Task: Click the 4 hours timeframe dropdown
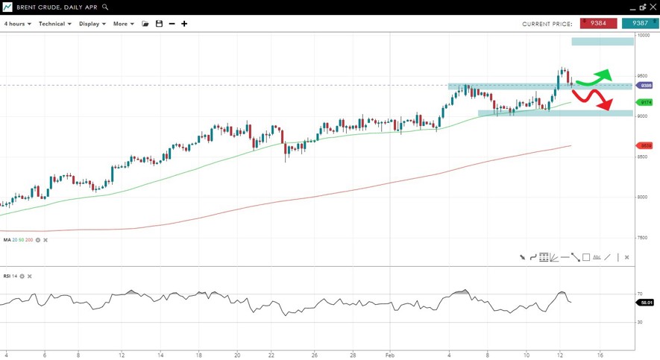click(x=17, y=24)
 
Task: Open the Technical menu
click(x=54, y=24)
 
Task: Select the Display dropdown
click(x=92, y=24)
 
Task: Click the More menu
click(x=123, y=24)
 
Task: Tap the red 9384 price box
click(x=598, y=23)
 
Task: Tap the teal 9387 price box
click(x=640, y=23)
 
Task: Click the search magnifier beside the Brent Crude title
click(x=105, y=7)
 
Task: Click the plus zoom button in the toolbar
click(x=184, y=24)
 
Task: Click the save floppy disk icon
click(x=159, y=24)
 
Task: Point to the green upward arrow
click(x=597, y=76)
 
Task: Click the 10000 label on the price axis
click(x=643, y=36)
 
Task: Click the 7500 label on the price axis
click(x=643, y=238)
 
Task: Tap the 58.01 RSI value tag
click(x=645, y=303)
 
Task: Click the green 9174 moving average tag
click(x=646, y=102)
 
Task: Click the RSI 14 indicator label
click(x=10, y=277)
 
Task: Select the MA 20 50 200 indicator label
click(x=18, y=240)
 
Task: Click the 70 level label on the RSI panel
click(x=640, y=294)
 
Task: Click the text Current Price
click(x=547, y=24)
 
